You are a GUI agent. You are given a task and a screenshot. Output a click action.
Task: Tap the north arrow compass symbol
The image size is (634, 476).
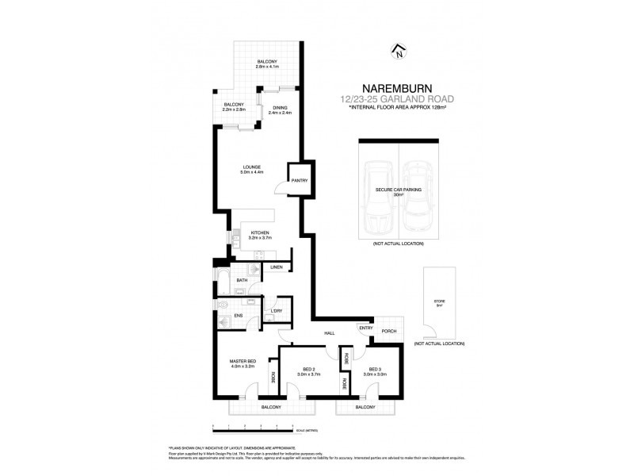coord(399,53)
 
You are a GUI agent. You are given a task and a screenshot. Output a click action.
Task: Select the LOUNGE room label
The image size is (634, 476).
coord(252,169)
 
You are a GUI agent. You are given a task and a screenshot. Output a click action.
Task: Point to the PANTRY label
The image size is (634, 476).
coord(298,180)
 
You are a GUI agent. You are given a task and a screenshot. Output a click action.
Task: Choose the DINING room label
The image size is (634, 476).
coord(281,110)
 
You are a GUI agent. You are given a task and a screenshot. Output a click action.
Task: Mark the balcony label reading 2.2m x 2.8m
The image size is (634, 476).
coord(233,107)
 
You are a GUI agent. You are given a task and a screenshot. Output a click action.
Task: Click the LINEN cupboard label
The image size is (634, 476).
coord(276,267)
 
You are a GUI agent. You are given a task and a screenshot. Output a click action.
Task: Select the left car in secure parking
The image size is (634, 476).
coord(378,198)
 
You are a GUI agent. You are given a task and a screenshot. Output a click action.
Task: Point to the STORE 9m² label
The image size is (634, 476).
coord(440,303)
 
